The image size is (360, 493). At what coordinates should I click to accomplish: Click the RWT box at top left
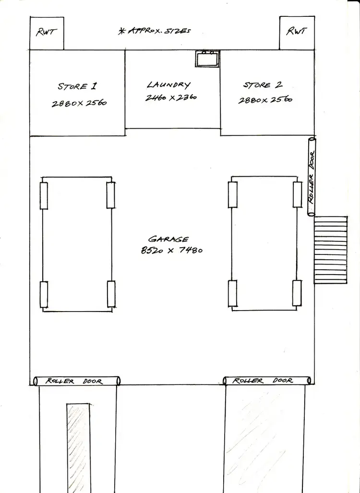(47, 33)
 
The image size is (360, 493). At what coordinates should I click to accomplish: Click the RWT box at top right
(297, 32)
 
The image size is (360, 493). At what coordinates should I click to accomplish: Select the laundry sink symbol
(207, 58)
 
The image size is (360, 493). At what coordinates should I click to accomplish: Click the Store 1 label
(77, 87)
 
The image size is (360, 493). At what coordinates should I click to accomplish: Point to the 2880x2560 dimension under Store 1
(79, 103)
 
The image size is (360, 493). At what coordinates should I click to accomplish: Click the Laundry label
(168, 85)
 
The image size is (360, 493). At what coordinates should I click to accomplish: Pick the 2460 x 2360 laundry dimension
(170, 97)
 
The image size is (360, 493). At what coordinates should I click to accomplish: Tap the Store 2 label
(263, 85)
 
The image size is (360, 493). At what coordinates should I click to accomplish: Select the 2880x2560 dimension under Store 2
(265, 100)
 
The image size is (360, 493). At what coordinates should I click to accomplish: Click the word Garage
(168, 239)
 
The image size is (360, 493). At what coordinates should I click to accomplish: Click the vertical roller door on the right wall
(311, 177)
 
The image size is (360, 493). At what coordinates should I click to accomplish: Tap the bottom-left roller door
(77, 381)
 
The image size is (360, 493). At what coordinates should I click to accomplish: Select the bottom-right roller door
(267, 381)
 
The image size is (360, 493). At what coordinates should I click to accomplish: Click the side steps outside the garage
(331, 250)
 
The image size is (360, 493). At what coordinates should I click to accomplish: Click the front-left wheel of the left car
(44, 195)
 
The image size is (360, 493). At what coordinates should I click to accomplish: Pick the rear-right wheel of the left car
(111, 294)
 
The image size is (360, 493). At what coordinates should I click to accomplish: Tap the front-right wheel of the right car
(297, 194)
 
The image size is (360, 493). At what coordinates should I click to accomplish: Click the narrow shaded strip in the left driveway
(78, 446)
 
